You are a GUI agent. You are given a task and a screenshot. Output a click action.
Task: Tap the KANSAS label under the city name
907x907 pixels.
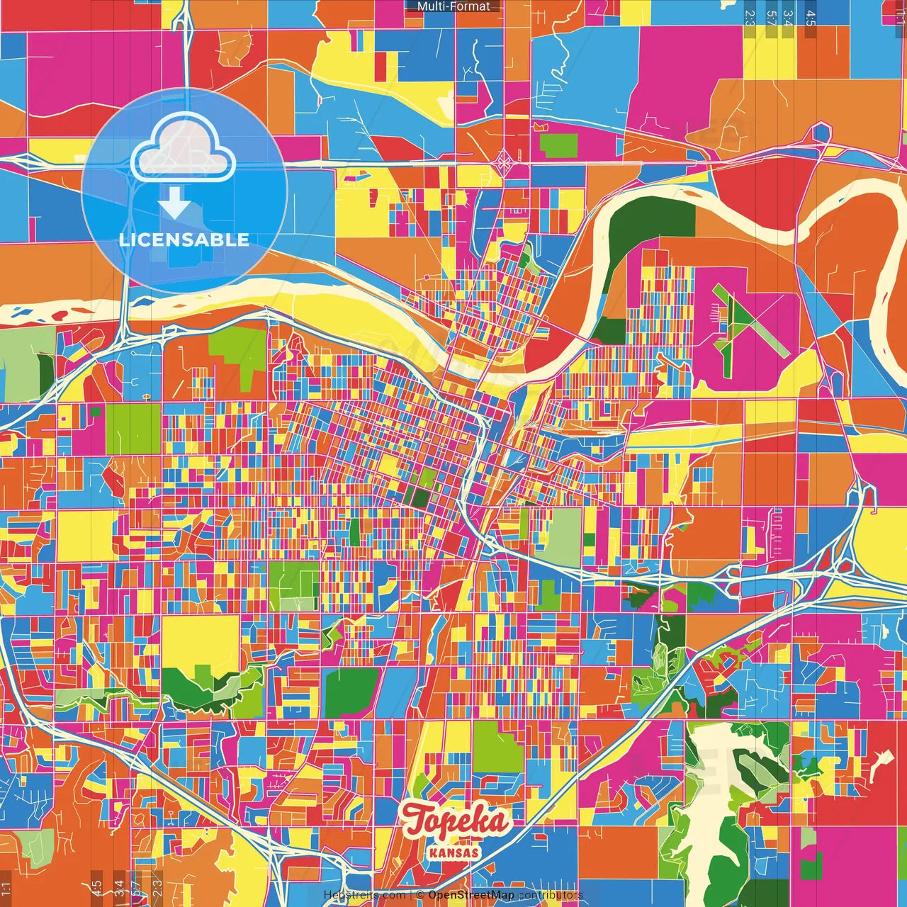(x=453, y=852)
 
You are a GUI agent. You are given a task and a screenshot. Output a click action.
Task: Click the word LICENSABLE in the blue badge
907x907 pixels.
(x=184, y=240)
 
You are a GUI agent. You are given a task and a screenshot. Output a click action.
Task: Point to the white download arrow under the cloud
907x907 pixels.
(x=174, y=203)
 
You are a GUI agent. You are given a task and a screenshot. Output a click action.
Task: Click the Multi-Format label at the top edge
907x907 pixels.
(x=453, y=6)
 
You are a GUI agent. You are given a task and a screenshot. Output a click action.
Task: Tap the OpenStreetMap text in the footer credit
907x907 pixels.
(x=471, y=895)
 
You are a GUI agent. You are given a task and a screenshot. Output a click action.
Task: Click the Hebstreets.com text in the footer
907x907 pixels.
(x=364, y=895)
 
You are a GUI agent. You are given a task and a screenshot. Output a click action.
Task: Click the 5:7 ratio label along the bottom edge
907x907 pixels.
(x=137, y=887)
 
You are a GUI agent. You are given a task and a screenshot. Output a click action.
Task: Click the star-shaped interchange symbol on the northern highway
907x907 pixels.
(x=504, y=162)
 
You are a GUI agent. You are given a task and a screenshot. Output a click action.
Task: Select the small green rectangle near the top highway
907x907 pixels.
(x=558, y=145)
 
